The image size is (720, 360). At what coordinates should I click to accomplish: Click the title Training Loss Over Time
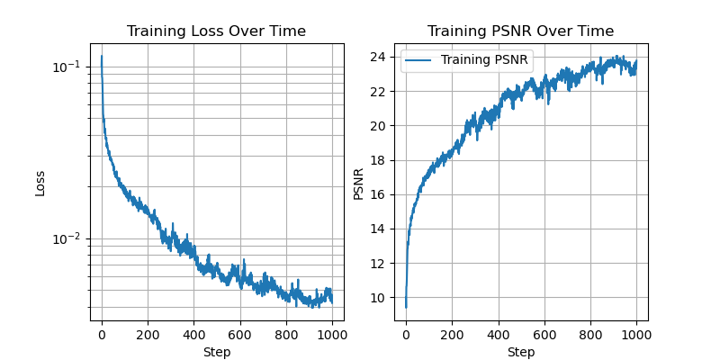(x=216, y=31)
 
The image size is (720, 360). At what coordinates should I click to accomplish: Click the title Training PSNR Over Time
(x=520, y=31)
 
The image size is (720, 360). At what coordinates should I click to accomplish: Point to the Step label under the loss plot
(x=216, y=352)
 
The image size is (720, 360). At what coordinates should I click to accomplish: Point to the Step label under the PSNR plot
(x=520, y=352)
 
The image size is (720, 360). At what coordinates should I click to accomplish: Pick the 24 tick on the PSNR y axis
(x=380, y=58)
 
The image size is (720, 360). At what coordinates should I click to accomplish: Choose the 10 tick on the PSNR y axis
(x=380, y=298)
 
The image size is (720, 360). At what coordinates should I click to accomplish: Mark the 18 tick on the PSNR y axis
(x=380, y=160)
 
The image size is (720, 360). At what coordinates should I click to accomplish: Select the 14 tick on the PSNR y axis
(x=380, y=229)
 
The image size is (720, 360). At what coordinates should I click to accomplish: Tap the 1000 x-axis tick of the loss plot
(x=332, y=335)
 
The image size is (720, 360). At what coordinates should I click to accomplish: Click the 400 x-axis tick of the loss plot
(x=193, y=335)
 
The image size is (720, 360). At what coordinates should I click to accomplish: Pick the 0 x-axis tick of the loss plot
(x=102, y=335)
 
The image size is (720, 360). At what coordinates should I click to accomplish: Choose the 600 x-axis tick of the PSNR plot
(x=544, y=335)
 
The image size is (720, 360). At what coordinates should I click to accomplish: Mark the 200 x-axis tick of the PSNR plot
(x=452, y=335)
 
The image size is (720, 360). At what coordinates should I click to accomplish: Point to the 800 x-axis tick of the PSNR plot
(x=590, y=335)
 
